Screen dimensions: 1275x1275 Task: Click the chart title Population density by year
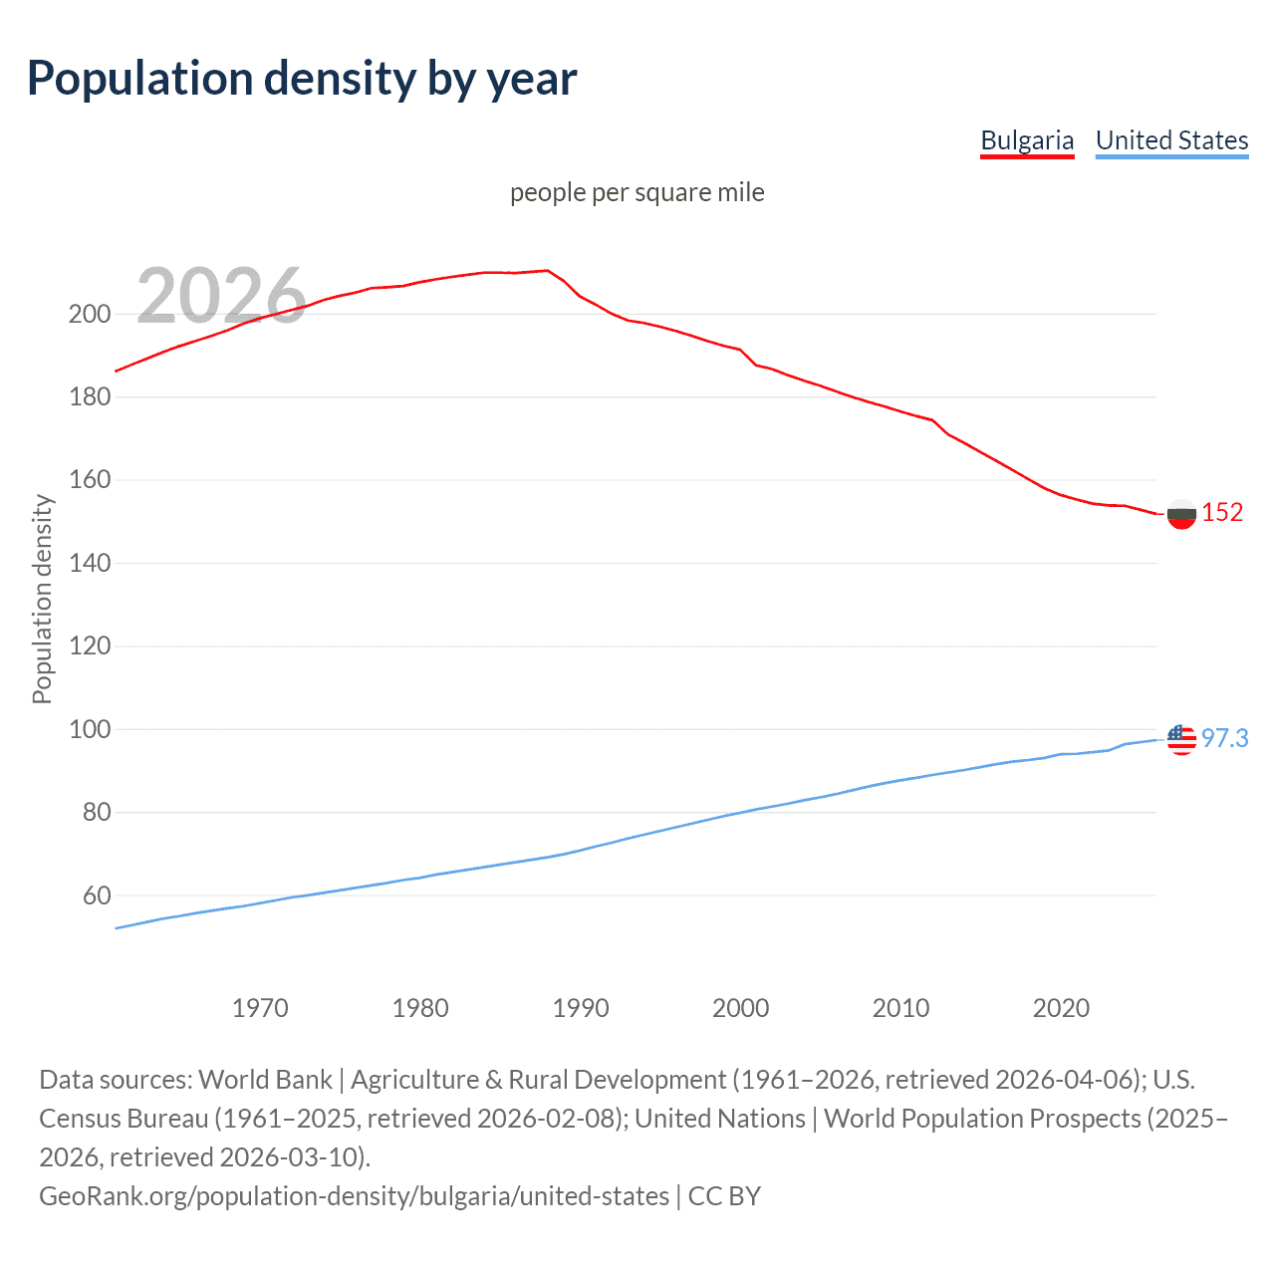pyautogui.click(x=302, y=79)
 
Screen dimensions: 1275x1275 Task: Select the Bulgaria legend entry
pyautogui.click(x=1027, y=140)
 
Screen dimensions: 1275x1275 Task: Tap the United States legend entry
pyautogui.click(x=1171, y=140)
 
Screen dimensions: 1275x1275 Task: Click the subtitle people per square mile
pyautogui.click(x=637, y=192)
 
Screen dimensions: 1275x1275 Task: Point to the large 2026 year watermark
pyautogui.click(x=220, y=296)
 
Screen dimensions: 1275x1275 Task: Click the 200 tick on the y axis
pyautogui.click(x=90, y=314)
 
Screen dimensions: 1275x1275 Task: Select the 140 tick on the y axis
pyautogui.click(x=90, y=563)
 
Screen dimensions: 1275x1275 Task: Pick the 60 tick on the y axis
pyautogui.click(x=96, y=895)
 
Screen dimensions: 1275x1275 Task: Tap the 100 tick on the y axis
pyautogui.click(x=90, y=729)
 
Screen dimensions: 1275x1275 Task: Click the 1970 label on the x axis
pyautogui.click(x=260, y=1008)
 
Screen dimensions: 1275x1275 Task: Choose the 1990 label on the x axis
pyautogui.click(x=581, y=1008)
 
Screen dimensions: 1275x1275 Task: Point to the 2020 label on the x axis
pyautogui.click(x=1061, y=1008)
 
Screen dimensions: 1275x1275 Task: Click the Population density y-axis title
pyautogui.click(x=42, y=599)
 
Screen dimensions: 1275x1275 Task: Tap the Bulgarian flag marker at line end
pyautogui.click(x=1181, y=514)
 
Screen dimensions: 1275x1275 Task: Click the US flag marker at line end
pyautogui.click(x=1181, y=739)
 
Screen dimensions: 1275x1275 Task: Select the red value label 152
pyautogui.click(x=1222, y=513)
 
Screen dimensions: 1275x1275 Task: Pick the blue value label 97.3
pyautogui.click(x=1224, y=738)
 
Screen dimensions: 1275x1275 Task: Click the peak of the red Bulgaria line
pyautogui.click(x=547, y=270)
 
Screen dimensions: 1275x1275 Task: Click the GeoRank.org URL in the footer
pyautogui.click(x=354, y=1195)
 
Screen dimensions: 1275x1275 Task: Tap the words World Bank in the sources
pyautogui.click(x=265, y=1080)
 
